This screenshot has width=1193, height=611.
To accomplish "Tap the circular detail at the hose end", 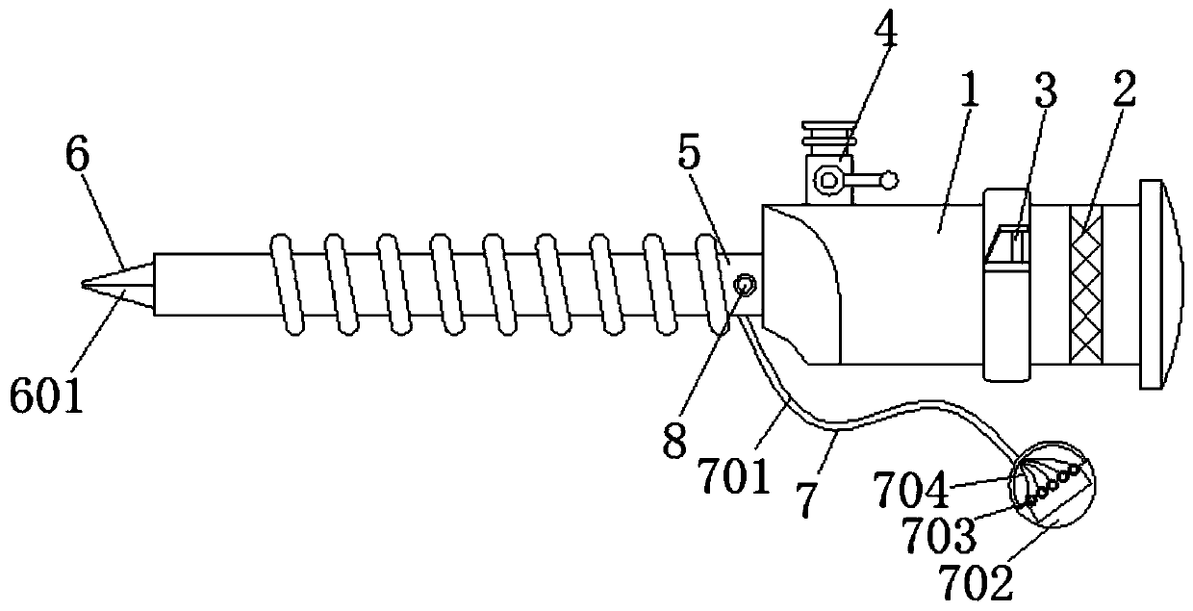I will coord(1052,486).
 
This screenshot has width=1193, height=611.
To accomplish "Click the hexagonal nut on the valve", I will coord(826,179).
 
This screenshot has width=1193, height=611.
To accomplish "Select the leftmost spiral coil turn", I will coord(286,283).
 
